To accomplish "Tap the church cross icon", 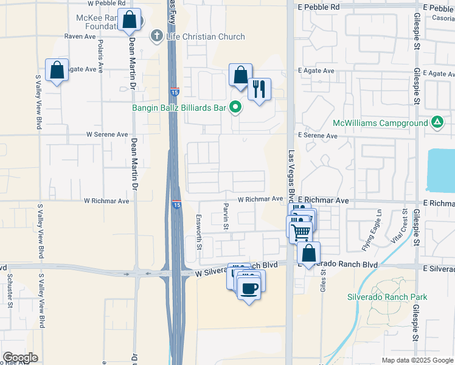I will [x=157, y=36].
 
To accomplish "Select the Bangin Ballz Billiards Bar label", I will [x=179, y=108].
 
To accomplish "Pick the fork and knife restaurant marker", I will [x=260, y=89].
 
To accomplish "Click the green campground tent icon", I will [x=437, y=122].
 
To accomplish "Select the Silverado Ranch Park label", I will [x=387, y=297].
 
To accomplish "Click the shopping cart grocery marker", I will [x=300, y=231].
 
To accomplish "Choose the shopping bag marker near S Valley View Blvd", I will [x=57, y=71].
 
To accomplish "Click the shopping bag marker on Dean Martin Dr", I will [x=130, y=21].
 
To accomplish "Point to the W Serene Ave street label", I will [x=107, y=134].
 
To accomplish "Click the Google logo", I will [x=21, y=358].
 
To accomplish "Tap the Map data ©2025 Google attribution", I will [x=417, y=360].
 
